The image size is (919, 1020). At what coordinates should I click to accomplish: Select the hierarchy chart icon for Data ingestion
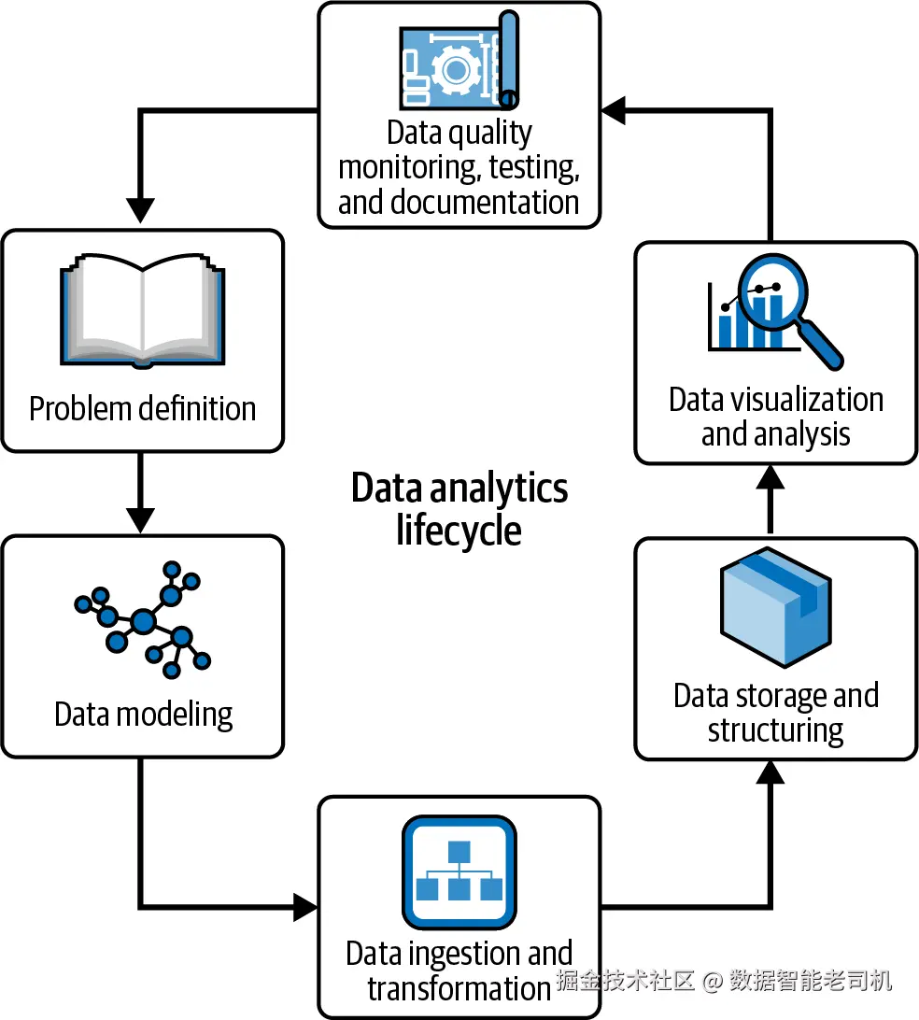[459, 871]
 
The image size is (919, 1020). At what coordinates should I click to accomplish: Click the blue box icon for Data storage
[776, 607]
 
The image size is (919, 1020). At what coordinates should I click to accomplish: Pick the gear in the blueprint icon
[456, 70]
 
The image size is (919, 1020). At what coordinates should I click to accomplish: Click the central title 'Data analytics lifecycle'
[459, 509]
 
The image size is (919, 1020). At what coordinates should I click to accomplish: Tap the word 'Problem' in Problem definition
[80, 408]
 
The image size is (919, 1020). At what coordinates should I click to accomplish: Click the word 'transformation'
[459, 988]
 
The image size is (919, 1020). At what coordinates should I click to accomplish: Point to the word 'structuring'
[775, 731]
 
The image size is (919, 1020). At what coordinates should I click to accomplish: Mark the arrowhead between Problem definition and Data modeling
[140, 519]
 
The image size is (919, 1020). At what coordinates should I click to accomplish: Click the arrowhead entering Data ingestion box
[305, 907]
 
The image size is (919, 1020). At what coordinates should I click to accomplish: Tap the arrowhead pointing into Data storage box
[771, 772]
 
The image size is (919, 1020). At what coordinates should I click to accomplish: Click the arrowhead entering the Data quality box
[614, 110]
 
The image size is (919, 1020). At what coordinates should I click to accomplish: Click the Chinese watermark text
[724, 980]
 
